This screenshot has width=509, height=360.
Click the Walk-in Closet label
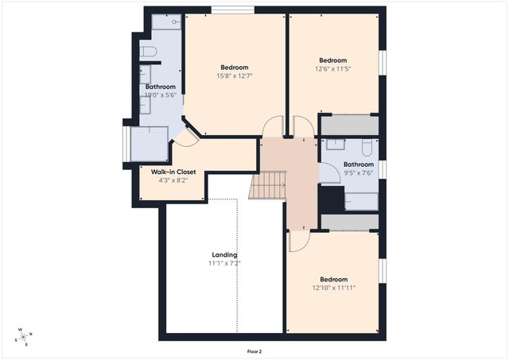[x=173, y=172]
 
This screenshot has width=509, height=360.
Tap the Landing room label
[x=224, y=255]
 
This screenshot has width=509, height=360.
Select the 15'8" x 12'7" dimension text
[x=235, y=75]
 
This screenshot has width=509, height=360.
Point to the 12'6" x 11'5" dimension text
[x=332, y=69]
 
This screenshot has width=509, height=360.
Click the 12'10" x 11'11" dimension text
[x=334, y=288]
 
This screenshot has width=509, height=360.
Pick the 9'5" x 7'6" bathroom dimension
[x=359, y=173]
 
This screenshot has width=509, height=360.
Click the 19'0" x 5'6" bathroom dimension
[x=161, y=95]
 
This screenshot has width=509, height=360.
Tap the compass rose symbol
[x=23, y=337]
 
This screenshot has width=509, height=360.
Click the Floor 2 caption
[x=254, y=351]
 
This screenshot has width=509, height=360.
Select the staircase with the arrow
[x=267, y=185]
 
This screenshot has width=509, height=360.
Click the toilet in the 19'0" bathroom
[x=149, y=52]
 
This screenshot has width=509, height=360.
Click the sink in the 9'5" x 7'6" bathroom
[x=336, y=144]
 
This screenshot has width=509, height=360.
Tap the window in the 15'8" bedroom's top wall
[x=233, y=10]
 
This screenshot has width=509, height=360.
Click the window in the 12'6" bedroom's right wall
[x=383, y=63]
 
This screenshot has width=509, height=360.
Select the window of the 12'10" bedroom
[x=383, y=270]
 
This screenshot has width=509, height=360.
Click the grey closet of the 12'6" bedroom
[x=350, y=126]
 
